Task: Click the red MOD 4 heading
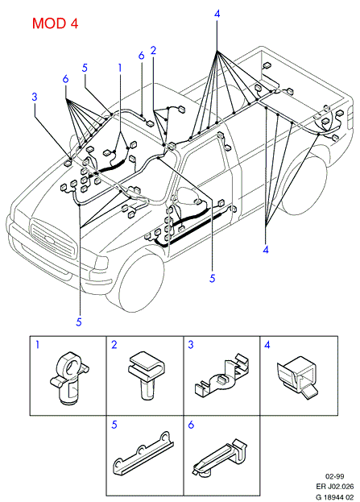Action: coord(55,23)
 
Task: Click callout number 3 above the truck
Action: coord(35,97)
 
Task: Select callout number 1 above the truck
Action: coord(120,68)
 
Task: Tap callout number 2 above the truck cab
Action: coord(153,50)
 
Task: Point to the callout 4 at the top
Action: coord(217,14)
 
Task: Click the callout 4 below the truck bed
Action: coord(266,250)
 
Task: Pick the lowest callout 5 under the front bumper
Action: coord(79,322)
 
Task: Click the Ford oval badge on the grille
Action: coord(50,239)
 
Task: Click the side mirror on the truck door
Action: coord(188,196)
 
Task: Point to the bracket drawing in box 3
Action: coord(222,375)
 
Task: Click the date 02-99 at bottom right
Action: coord(335,477)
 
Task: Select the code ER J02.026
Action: coord(335,487)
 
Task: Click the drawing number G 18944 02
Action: coord(335,497)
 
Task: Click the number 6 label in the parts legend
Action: coord(191,425)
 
